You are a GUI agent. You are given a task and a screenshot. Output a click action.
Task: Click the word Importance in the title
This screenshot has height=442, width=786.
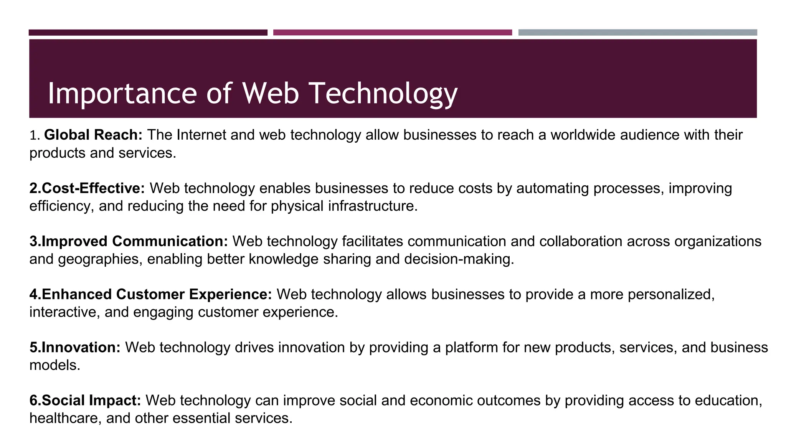pos(122,94)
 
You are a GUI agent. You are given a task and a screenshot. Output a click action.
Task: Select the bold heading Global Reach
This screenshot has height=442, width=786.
pos(93,135)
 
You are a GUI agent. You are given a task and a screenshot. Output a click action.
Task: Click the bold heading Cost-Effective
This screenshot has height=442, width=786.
pos(87,188)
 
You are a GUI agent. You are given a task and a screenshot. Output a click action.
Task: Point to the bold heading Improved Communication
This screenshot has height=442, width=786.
pos(129,241)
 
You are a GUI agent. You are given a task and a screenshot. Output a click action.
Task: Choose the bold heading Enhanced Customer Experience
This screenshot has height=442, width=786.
pos(150,294)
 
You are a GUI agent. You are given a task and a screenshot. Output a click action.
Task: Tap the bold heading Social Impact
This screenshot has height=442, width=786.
pos(85,400)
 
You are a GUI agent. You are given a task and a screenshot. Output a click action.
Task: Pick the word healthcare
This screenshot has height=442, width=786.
pos(65,418)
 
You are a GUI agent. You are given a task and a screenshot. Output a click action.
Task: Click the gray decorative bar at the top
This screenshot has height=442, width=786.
pos(637,33)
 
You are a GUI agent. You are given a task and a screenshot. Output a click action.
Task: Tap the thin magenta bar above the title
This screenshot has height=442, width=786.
pos(392,33)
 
